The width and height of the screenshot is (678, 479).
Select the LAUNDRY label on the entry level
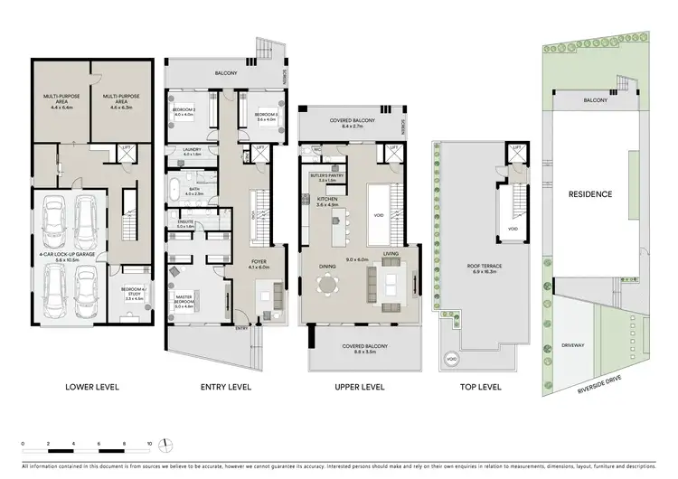190,151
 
